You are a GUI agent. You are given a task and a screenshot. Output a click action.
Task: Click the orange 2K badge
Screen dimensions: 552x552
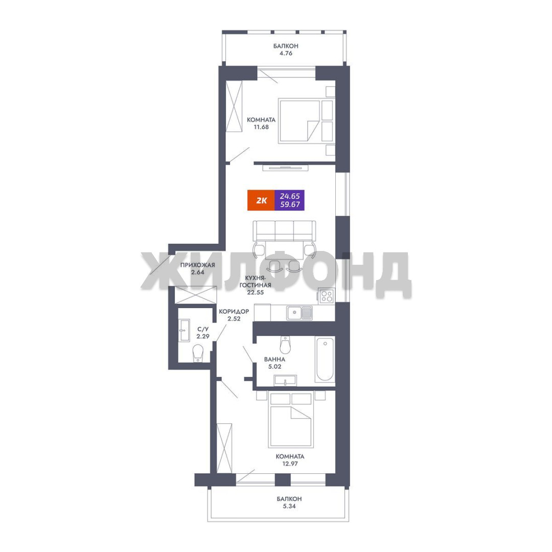coord(261,200)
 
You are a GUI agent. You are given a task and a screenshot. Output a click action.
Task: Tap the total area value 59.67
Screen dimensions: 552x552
coord(290,204)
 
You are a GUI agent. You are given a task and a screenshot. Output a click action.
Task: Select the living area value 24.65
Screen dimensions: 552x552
coord(290,196)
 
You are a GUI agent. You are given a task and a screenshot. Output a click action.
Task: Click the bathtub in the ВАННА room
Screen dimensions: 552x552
coord(325,359)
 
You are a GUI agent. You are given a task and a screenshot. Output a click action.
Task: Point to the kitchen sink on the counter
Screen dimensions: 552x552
coord(299,313)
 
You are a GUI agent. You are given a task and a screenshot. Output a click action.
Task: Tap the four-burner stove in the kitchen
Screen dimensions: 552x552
coord(326,296)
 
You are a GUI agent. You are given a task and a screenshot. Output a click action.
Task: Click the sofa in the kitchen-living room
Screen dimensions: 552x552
coord(285,231)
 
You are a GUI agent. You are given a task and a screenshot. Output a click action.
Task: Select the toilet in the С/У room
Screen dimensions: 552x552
coord(198,353)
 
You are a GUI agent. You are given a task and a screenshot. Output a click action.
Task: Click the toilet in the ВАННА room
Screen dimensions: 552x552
coord(285,345)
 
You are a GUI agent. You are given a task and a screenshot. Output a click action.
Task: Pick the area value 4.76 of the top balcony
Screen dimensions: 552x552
coord(286,54)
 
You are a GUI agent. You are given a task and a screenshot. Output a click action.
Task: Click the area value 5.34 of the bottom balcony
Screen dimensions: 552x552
coord(289,507)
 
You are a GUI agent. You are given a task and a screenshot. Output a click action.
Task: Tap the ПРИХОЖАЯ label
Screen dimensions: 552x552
coord(197,265)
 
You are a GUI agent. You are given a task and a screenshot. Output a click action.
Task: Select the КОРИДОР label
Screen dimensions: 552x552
coord(234,312)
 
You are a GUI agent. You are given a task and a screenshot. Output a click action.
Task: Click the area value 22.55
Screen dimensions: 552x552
coord(255,292)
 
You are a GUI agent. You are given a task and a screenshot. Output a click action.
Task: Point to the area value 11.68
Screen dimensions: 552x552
coord(261,127)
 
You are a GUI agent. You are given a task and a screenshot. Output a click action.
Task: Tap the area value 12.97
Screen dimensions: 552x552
coord(290,464)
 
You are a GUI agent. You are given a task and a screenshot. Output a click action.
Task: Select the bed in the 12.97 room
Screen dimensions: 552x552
coord(291,420)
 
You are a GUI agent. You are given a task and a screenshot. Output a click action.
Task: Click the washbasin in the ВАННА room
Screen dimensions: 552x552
coord(285,381)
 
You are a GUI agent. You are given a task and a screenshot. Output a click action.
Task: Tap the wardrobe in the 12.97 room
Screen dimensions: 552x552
coord(224,448)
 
